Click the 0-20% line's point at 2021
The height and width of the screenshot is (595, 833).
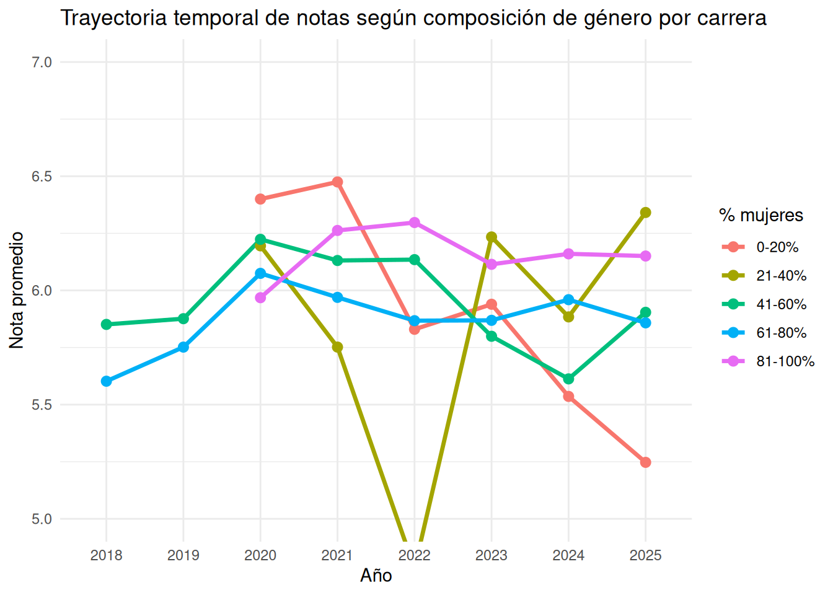337,182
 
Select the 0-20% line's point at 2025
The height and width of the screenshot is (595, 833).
645,462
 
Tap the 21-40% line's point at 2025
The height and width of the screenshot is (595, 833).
645,213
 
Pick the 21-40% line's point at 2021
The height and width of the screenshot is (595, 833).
337,347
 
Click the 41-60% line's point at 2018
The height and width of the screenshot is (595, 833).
107,324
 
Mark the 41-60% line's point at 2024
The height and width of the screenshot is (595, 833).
568,379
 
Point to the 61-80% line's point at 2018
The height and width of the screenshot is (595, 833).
107,381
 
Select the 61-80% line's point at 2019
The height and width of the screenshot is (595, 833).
183,347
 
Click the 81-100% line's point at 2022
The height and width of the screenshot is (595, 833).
414,223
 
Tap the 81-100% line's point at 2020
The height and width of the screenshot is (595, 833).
260,297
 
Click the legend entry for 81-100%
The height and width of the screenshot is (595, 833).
768,361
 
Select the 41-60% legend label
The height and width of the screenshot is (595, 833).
782,304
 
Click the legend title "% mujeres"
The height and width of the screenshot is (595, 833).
761,215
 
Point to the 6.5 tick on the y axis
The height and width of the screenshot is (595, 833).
42,176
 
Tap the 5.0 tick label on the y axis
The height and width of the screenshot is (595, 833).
42,519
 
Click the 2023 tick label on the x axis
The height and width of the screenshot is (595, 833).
491,555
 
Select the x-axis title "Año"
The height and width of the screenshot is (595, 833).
376,575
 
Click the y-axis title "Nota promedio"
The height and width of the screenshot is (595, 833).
16,290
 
